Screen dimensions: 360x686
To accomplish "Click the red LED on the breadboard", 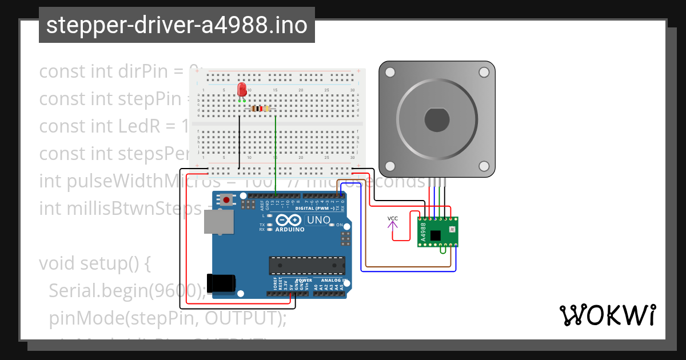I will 242,90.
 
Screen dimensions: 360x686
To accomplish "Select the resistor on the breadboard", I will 261,109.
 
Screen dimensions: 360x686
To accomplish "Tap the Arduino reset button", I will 228,200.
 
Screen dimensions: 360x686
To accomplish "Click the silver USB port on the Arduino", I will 219,221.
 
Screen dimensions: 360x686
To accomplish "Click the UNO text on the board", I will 318,220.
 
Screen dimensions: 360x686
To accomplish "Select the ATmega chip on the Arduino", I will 308,266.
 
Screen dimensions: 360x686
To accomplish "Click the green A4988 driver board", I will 437,232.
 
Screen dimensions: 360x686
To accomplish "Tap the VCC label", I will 393,218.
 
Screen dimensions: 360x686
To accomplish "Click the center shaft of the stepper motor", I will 437,119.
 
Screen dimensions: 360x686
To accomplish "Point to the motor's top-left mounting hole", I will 390,73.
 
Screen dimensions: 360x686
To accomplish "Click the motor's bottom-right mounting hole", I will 484,166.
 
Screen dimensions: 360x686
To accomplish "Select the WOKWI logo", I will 607,315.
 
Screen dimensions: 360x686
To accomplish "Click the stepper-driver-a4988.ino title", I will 177,25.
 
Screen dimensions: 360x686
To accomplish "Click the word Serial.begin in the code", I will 98,291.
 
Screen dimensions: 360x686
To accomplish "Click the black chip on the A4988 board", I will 436,235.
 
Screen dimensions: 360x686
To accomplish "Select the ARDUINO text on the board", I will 290,230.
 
